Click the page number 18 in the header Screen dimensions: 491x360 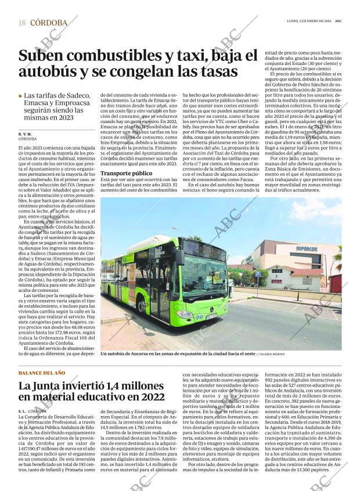pos(21,23)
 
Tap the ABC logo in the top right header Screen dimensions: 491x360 pos(337,21)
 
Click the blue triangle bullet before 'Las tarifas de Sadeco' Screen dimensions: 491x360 pos(21,96)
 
